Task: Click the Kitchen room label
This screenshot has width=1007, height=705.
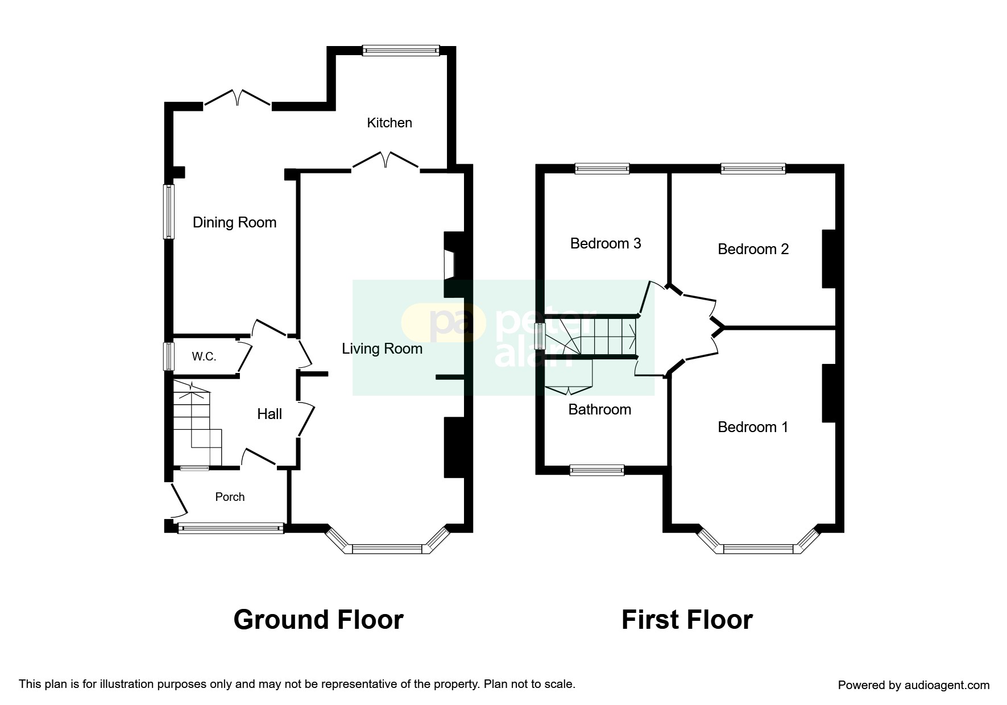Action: click(x=389, y=123)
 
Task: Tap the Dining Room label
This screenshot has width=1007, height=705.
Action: click(x=234, y=222)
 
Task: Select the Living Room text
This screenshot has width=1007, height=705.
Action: click(x=382, y=349)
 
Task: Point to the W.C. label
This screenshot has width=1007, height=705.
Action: click(x=204, y=356)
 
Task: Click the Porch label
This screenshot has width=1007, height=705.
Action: click(x=230, y=497)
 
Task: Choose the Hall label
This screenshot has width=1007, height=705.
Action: click(x=270, y=414)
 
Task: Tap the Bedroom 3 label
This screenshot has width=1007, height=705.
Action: click(x=606, y=243)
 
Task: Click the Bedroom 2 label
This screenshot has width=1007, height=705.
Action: click(x=753, y=249)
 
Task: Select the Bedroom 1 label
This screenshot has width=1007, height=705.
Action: click(x=753, y=427)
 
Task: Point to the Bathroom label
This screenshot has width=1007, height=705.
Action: click(x=600, y=409)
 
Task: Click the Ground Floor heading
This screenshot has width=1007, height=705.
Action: click(x=318, y=620)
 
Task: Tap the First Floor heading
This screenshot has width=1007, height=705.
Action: click(x=687, y=620)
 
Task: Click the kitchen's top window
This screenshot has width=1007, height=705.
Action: click(x=401, y=50)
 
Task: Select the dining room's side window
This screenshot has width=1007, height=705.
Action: click(x=168, y=212)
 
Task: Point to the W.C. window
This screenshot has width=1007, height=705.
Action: click(x=168, y=356)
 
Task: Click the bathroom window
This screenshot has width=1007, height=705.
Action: click(x=597, y=470)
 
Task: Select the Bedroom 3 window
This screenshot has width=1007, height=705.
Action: click(x=602, y=168)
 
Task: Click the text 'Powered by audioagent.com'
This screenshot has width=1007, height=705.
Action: click(x=914, y=685)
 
